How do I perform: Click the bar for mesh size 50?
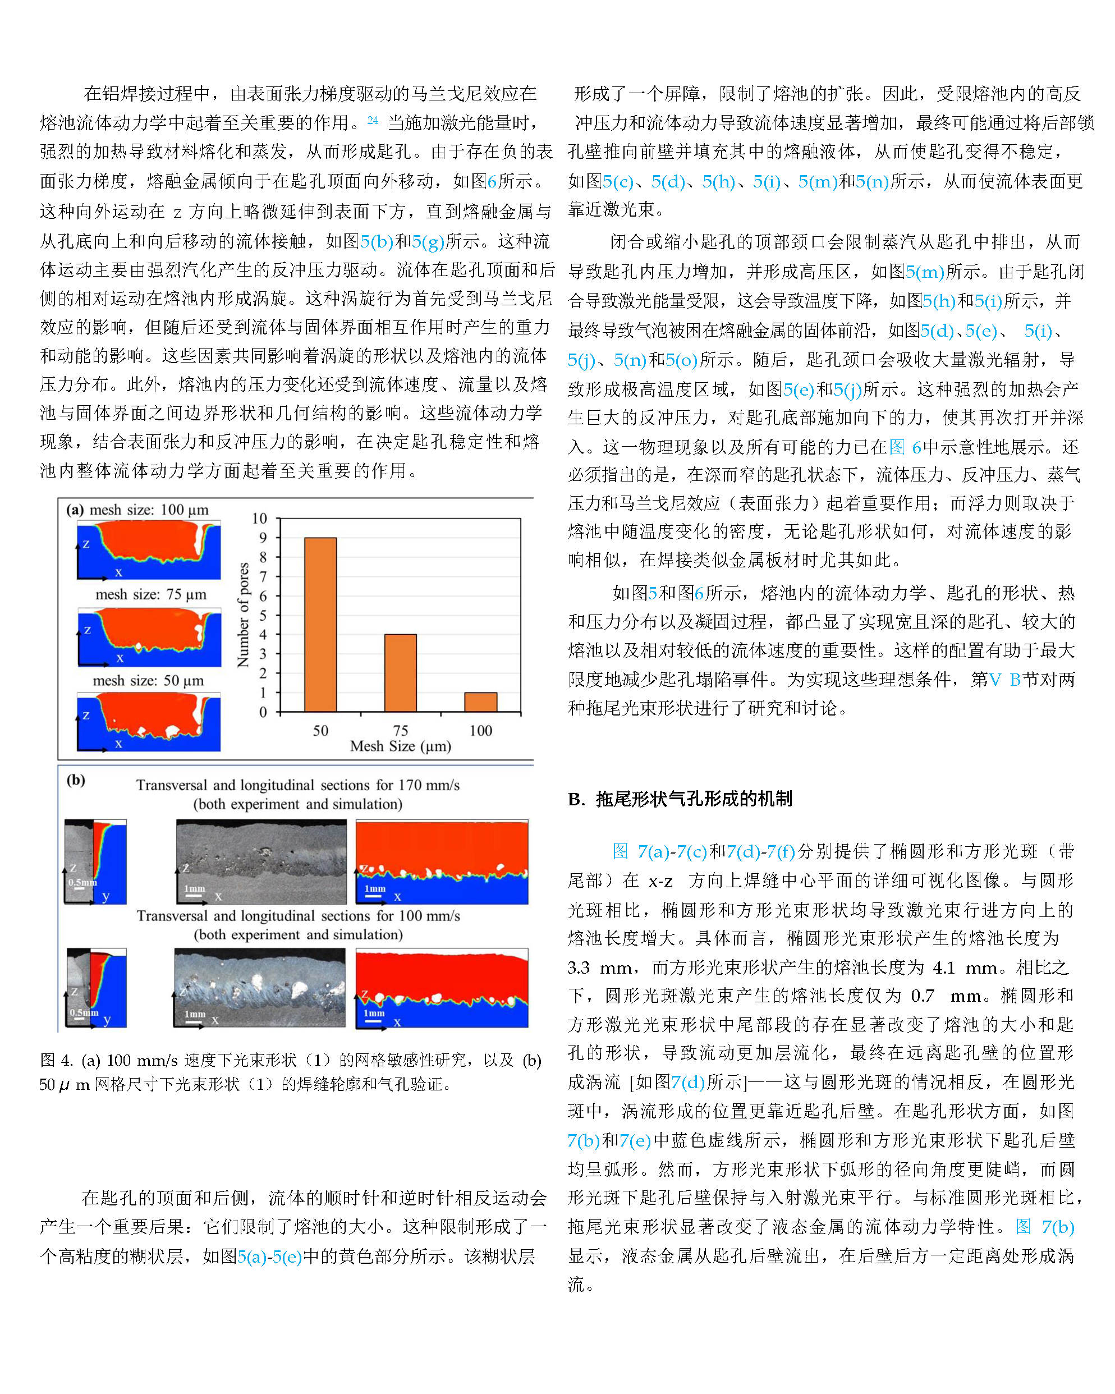click(320, 624)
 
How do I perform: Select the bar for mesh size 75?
click(400, 672)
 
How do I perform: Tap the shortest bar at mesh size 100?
click(480, 701)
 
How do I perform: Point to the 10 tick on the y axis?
click(259, 519)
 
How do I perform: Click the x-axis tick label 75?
click(400, 731)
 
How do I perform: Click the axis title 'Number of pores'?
click(243, 615)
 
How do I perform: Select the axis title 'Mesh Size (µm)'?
click(400, 746)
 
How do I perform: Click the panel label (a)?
click(75, 510)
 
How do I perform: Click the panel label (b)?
click(76, 779)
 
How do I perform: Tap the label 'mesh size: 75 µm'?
click(150, 594)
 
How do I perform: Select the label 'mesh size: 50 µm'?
click(148, 680)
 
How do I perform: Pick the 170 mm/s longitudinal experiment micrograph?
click(261, 861)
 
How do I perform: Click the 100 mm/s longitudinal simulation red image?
click(442, 987)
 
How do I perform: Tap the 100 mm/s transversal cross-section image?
click(97, 987)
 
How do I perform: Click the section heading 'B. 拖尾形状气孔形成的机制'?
click(680, 799)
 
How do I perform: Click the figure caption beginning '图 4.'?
click(290, 1072)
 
